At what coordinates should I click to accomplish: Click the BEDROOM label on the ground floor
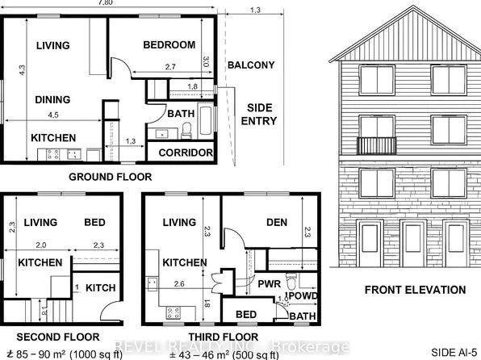pos(169,45)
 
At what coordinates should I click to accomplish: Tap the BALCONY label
pos(250,65)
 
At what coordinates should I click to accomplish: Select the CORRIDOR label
pos(186,153)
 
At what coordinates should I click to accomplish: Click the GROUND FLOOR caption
pos(110,177)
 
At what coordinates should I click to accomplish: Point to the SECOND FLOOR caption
pos(58,337)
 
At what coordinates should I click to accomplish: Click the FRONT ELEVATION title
pos(415,290)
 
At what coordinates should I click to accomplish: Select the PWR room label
pos(269,284)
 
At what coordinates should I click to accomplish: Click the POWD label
pos(304,295)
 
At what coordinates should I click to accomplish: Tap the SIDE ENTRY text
pos(259,113)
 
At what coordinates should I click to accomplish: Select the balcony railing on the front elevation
pos(377,145)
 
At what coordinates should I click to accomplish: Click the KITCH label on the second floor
pos(101,287)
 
